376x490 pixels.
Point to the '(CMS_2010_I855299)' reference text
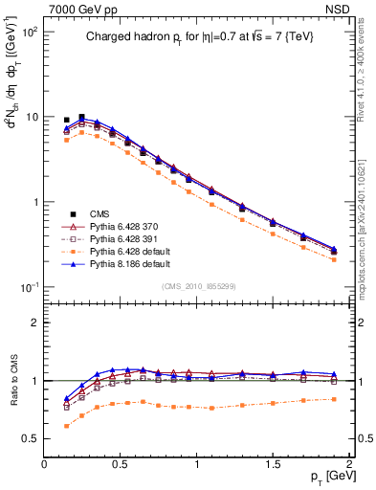pyautogui.click(x=198, y=286)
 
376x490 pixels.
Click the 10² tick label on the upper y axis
pyautogui.click(x=30, y=32)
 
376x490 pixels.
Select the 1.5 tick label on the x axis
pyautogui.click(x=273, y=464)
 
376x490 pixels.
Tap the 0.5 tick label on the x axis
pyautogui.click(x=121, y=464)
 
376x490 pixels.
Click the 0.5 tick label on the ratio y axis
pyautogui.click(x=33, y=438)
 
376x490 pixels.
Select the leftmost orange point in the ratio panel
pyautogui.click(x=66, y=426)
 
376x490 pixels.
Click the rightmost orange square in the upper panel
pyautogui.click(x=334, y=259)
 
